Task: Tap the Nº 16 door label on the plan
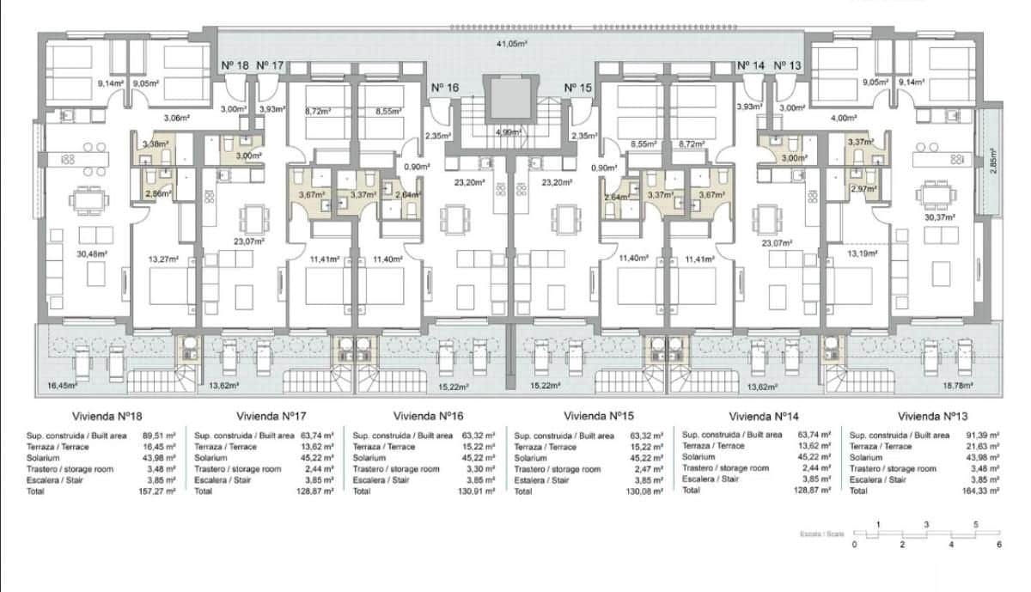tap(445, 88)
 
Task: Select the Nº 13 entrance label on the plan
tap(787, 65)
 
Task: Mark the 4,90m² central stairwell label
tap(509, 131)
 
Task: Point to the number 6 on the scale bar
tap(999, 544)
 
